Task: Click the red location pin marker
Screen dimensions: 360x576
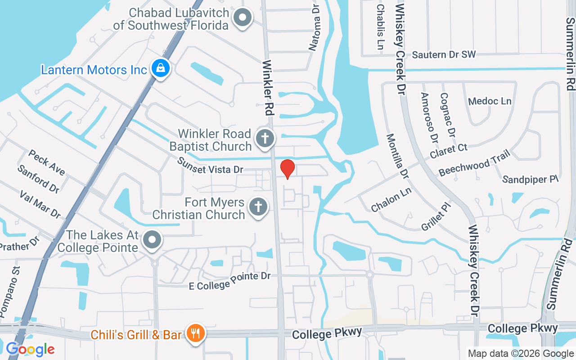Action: point(288,169)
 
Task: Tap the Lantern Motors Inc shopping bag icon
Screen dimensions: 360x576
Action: point(160,68)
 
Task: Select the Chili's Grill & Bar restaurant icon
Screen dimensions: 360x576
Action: point(195,333)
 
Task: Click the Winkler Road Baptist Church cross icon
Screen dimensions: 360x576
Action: point(265,138)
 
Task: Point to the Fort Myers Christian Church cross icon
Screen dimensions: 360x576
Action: point(258,207)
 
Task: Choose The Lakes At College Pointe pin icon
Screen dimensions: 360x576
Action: point(153,239)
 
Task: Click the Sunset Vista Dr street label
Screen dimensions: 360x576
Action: point(210,166)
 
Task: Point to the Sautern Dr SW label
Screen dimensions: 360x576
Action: point(444,55)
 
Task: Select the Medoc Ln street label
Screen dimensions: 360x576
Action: point(490,101)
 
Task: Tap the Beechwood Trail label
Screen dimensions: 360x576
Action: point(474,163)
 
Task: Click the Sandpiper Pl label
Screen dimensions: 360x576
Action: point(530,180)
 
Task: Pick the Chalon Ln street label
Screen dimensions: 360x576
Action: point(391,200)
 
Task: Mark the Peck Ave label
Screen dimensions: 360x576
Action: point(47,162)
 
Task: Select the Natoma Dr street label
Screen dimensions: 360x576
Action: point(315,27)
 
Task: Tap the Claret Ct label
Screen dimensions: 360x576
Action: point(448,151)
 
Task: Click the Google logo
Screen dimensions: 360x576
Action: point(30,349)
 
